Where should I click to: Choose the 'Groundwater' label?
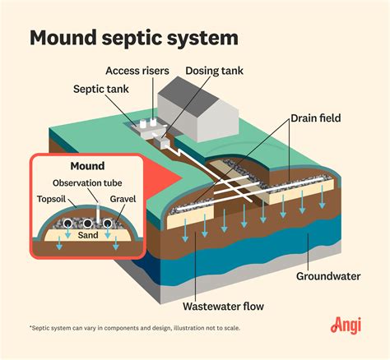(328, 275)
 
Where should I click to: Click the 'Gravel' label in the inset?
(123, 198)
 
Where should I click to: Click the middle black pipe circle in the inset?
(87, 224)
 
